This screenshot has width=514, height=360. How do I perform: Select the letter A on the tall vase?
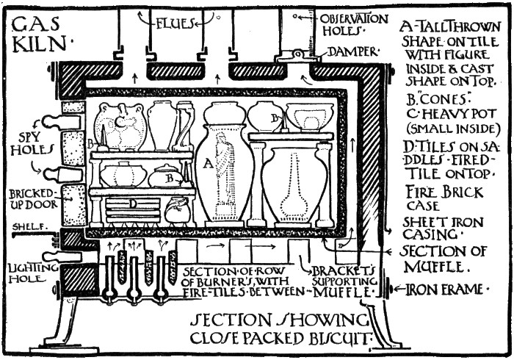tap(208, 166)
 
